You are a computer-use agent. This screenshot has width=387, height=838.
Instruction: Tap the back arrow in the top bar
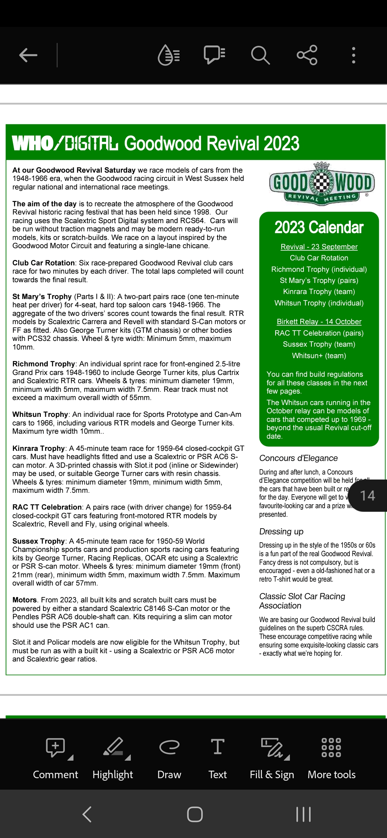click(x=28, y=55)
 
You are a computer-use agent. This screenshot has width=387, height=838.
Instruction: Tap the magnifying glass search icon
click(x=260, y=55)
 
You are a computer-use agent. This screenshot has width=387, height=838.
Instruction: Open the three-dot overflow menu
click(x=353, y=55)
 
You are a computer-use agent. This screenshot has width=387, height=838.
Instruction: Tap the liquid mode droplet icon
click(x=168, y=55)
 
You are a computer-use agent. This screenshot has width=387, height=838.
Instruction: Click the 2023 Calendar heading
click(x=319, y=227)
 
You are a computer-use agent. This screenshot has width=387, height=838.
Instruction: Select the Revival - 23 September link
click(x=319, y=247)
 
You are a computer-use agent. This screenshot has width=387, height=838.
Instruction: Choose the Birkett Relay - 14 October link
click(x=319, y=322)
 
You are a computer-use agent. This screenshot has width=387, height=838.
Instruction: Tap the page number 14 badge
click(x=368, y=496)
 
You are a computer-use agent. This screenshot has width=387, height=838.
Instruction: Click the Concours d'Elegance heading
click(x=298, y=458)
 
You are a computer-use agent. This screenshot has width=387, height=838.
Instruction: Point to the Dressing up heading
click(x=281, y=531)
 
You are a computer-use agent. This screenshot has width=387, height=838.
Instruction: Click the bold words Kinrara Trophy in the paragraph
click(x=38, y=448)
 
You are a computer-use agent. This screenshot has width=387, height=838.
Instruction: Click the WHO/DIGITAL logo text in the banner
click(x=65, y=143)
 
